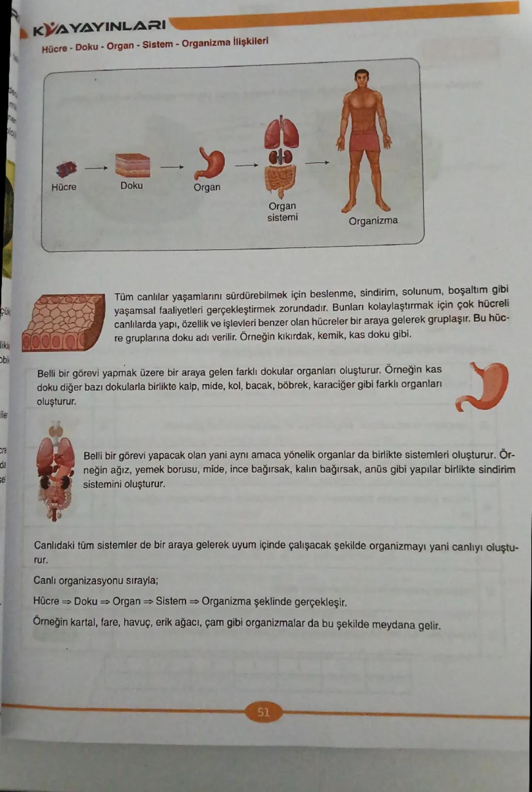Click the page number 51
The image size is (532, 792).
(264, 712)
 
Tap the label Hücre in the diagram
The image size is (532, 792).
(64, 187)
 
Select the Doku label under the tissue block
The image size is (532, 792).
(132, 186)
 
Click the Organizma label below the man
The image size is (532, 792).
(373, 221)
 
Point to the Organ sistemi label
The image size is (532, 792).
(282, 211)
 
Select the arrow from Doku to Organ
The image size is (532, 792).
(172, 167)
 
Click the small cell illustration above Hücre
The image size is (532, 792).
(66, 170)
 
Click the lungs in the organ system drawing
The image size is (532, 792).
(281, 133)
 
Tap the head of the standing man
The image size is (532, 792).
(362, 79)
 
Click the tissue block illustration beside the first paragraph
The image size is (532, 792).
(64, 322)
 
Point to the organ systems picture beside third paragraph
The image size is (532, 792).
(56, 471)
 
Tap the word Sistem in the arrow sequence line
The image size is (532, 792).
(171, 601)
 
